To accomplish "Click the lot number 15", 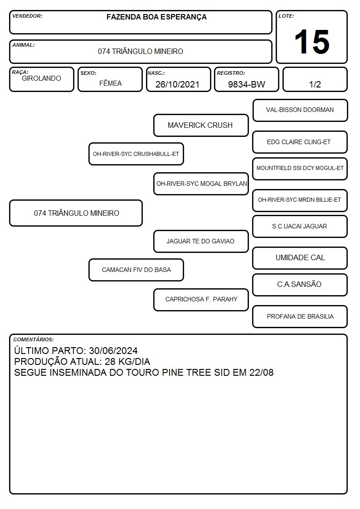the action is click(x=312, y=42).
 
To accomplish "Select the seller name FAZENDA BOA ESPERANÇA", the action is click(x=156, y=17).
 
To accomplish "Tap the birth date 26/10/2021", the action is click(x=177, y=84).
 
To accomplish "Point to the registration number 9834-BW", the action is click(x=246, y=84).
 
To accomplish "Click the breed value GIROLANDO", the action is click(x=41, y=78).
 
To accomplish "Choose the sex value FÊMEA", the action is click(x=110, y=83).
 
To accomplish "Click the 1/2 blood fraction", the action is click(x=315, y=84).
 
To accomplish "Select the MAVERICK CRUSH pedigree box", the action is click(x=201, y=125).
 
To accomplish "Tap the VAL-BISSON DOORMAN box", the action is click(x=300, y=111).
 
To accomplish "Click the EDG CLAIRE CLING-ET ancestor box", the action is click(x=300, y=142).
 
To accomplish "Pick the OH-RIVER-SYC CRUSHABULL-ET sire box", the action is click(x=136, y=154).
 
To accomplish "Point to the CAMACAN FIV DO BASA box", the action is click(x=136, y=270).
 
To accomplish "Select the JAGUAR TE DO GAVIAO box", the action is click(x=201, y=241).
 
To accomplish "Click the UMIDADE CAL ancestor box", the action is click(x=300, y=258).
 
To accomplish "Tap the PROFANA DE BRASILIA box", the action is click(x=300, y=316).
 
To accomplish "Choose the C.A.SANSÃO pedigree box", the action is click(x=300, y=285).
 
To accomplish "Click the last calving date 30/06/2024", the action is click(x=113, y=350).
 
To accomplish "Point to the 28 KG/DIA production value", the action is click(x=127, y=362).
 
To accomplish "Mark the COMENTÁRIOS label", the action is click(x=34, y=339).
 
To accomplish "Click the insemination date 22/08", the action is click(x=261, y=372).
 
